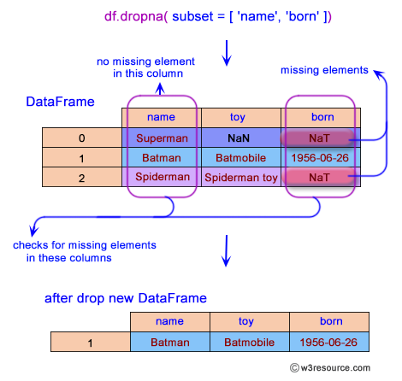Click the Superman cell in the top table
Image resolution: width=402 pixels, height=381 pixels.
162,138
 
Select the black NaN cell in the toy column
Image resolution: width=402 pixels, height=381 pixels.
241,138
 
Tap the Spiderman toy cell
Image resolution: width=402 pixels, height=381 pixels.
241,177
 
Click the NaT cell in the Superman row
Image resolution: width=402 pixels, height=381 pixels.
319,138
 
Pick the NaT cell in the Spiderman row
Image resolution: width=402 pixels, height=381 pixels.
319,178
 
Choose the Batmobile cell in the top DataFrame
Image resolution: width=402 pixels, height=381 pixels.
241,157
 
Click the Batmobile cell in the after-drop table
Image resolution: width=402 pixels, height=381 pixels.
250,342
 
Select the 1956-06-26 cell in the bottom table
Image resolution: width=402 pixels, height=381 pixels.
329,342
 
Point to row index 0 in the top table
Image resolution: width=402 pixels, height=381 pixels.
82,138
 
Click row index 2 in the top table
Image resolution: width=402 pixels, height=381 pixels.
82,177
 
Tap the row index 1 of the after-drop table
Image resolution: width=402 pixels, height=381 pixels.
91,342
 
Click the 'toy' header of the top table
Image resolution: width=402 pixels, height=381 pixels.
241,118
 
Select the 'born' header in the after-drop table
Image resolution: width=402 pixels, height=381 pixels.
329,322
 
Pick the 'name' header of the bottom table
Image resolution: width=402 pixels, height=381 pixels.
170,322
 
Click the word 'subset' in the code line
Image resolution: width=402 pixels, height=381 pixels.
192,16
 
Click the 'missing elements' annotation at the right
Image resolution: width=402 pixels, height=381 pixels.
324,70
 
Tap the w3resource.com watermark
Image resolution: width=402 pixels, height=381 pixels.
330,367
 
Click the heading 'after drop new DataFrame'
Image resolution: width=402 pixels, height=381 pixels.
126,298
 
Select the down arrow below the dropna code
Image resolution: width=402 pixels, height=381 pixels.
227,53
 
